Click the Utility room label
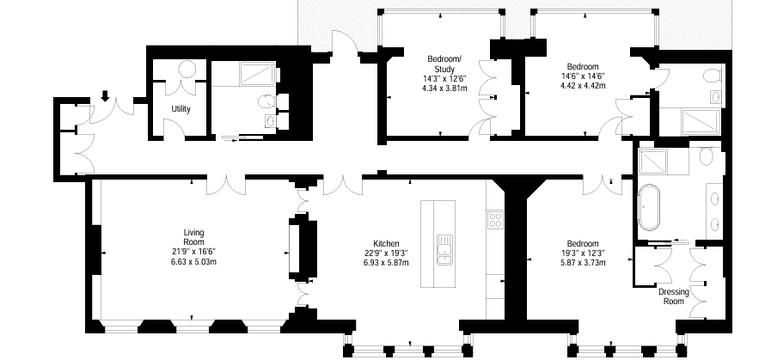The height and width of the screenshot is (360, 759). pyautogui.click(x=181, y=109)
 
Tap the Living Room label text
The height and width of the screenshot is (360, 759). pyautogui.click(x=193, y=237)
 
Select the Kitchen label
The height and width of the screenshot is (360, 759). pyautogui.click(x=386, y=243)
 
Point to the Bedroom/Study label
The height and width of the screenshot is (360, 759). pyautogui.click(x=444, y=64)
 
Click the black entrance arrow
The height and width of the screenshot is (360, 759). pyautogui.click(x=105, y=96)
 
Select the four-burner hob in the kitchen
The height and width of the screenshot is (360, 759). pyautogui.click(x=495, y=221)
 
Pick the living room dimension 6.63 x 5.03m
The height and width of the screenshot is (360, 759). pyautogui.click(x=193, y=262)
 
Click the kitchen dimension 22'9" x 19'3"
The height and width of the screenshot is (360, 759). pyautogui.click(x=386, y=253)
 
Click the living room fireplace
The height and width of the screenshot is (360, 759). pyautogui.click(x=303, y=250)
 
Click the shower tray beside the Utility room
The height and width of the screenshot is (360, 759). pyautogui.click(x=258, y=74)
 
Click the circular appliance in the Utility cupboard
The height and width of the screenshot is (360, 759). pyautogui.click(x=187, y=69)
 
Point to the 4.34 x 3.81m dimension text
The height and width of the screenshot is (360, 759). pyautogui.click(x=444, y=88)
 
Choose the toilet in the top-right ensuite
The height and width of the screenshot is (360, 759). pyautogui.click(x=712, y=76)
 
